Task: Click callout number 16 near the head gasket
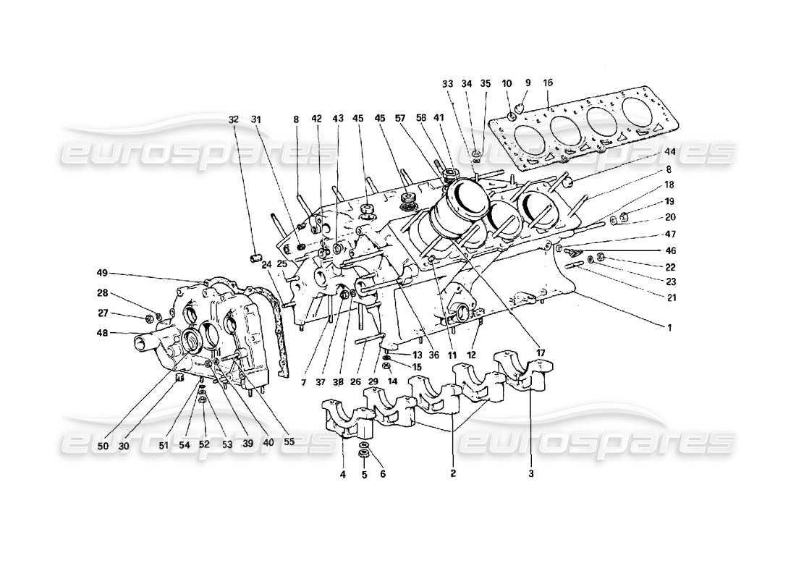pos(548,83)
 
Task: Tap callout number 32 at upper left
pos(233,119)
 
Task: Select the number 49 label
pos(101,273)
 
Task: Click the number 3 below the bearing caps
pos(530,475)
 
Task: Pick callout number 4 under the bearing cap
pos(343,475)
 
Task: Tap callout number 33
pos(448,83)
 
